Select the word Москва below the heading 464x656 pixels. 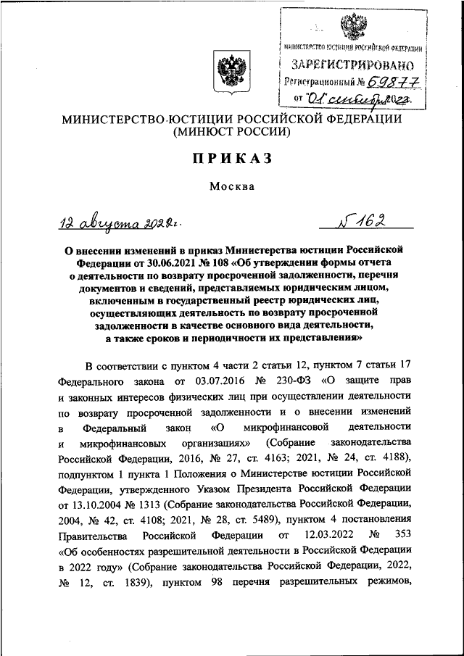pyautogui.click(x=232, y=186)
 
